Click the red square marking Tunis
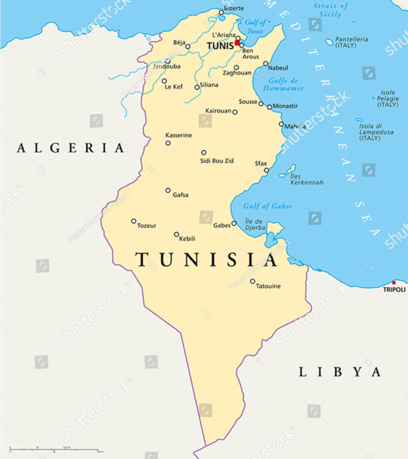237,43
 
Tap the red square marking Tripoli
394,283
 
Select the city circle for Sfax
266,170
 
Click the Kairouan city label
218,111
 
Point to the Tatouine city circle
253,281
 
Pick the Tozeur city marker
133,221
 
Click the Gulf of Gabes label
267,206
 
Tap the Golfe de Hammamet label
283,85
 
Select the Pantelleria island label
352,42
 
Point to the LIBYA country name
340,372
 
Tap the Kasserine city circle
168,143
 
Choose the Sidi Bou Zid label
217,160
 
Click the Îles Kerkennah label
306,179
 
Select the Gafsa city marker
168,190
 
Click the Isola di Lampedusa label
376,132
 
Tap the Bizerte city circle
221,13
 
